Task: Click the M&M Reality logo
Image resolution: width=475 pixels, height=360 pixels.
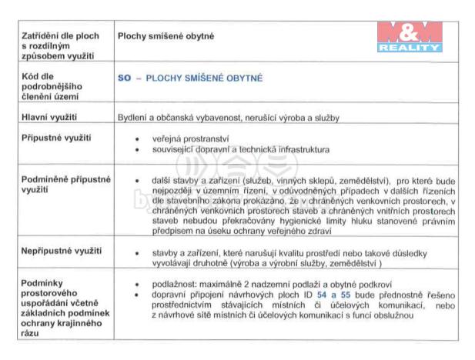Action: (x=410, y=36)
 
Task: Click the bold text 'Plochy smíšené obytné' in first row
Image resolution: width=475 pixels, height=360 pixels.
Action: (x=166, y=36)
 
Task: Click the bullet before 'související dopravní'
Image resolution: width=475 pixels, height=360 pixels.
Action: (x=137, y=149)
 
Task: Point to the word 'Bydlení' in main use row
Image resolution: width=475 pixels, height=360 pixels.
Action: (x=132, y=118)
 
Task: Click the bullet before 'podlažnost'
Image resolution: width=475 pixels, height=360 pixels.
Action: (x=137, y=285)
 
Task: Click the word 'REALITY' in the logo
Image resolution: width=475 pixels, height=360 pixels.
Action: (x=410, y=48)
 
